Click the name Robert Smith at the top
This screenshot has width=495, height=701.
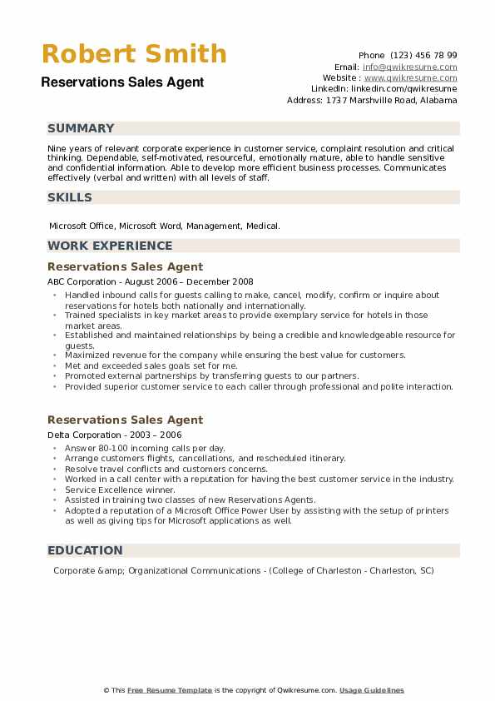[x=134, y=54]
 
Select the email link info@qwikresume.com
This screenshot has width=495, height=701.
[x=409, y=67]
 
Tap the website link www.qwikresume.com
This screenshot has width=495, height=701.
[x=411, y=77]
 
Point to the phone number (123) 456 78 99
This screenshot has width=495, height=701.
[x=423, y=55]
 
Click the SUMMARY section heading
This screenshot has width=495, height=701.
[x=81, y=128]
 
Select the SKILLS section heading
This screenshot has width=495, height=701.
[x=70, y=197]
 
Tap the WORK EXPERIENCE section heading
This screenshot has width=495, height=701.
[x=110, y=246]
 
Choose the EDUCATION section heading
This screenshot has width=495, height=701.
[x=85, y=550]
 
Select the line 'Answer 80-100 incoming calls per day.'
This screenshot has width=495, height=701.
[x=145, y=448]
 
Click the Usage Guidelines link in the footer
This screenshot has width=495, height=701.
[x=371, y=690]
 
